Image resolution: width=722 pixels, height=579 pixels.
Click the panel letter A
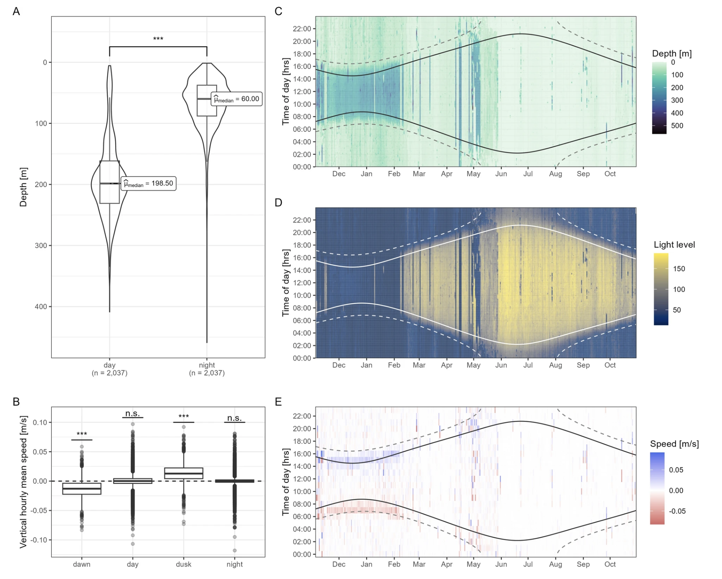point(16,11)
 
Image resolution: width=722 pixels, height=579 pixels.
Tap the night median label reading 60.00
point(237,99)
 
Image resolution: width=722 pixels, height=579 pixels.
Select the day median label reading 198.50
point(149,183)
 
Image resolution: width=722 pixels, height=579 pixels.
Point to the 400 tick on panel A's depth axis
point(41,307)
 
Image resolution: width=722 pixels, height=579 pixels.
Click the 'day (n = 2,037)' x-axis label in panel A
point(109,369)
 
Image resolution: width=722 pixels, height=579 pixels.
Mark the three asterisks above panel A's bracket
point(158,39)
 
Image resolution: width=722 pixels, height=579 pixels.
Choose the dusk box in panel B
point(183,473)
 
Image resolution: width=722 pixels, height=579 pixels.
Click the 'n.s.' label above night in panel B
point(234,418)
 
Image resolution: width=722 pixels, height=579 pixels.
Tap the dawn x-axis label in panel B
point(81,564)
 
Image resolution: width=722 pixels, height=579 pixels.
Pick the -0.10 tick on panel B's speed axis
point(40,540)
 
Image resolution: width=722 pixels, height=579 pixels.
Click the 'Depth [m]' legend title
point(672,54)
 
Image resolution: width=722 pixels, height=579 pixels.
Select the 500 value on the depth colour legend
point(677,126)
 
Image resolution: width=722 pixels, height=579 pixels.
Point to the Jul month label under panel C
point(528,174)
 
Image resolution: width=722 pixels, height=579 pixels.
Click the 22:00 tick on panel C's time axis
point(302,29)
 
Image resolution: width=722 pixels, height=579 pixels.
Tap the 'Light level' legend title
point(674,245)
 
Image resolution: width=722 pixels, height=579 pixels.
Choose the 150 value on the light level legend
point(679,269)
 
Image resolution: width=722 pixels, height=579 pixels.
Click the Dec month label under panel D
point(339,365)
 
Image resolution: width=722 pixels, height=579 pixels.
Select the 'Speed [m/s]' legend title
point(674,444)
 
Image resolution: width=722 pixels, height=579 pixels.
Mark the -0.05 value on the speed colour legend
point(677,511)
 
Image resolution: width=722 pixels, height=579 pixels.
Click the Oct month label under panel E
point(610,564)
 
